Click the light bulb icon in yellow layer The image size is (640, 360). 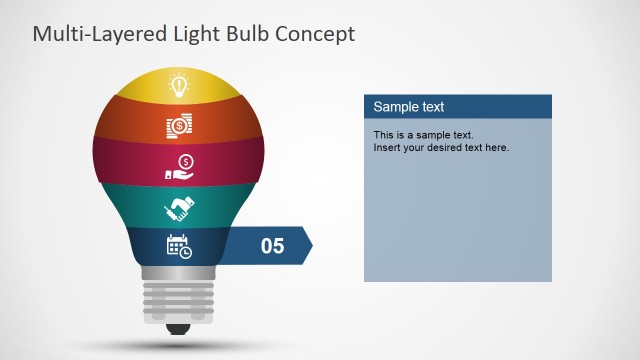pyautogui.click(x=179, y=85)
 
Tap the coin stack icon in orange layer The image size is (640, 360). pyautogui.click(x=179, y=127)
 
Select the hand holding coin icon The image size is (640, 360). pyautogui.click(x=179, y=168)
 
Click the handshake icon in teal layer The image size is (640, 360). pyautogui.click(x=179, y=208)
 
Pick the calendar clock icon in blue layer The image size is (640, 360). pyautogui.click(x=179, y=245)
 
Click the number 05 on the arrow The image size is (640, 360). pyautogui.click(x=272, y=246)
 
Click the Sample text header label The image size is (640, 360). pyautogui.click(x=409, y=107)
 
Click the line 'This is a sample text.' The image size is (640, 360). pyautogui.click(x=423, y=135)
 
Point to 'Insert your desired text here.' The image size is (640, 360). pyautogui.click(x=441, y=148)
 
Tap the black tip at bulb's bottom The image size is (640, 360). pyautogui.click(x=179, y=328)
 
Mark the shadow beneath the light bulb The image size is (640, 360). pyautogui.click(x=179, y=346)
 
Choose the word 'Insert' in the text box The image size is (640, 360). pyautogui.click(x=388, y=148)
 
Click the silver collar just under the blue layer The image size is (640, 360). pyautogui.click(x=179, y=272)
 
